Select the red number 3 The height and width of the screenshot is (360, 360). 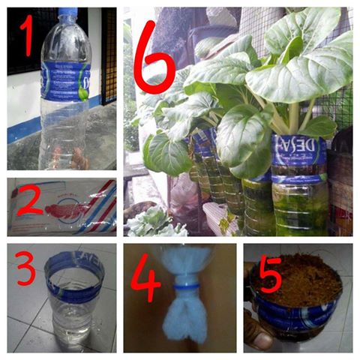(x=24, y=271)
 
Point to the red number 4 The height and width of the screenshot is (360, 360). (x=145, y=279)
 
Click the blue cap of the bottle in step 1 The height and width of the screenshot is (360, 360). (x=67, y=13)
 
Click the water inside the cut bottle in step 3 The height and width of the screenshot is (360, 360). (x=72, y=319)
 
